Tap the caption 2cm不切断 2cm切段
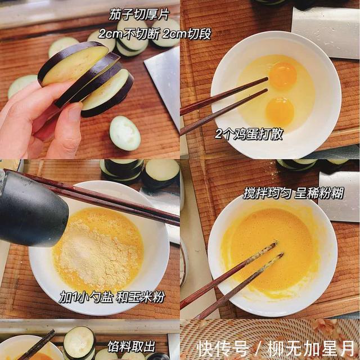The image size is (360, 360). tap(155, 34)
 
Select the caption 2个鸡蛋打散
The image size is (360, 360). tap(249, 134)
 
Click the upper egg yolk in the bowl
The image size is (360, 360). tap(282, 76)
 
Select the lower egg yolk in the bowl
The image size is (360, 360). tap(280, 111)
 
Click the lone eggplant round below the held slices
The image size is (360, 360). tap(124, 133)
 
